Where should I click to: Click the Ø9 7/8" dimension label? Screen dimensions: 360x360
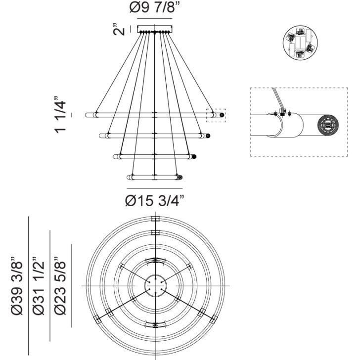pyautogui.click(x=155, y=9)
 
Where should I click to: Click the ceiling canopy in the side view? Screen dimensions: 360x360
pyautogui.click(x=155, y=29)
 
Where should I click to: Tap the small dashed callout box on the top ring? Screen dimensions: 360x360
pyautogui.click(x=217, y=115)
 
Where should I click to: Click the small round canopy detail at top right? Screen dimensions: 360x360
pyautogui.click(x=300, y=43)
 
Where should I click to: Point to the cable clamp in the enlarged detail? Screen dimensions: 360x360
pyautogui.click(x=283, y=112)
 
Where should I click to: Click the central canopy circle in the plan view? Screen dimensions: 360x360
pyautogui.click(x=155, y=286)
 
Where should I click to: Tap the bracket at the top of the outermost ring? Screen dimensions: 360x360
pyautogui.click(x=155, y=219)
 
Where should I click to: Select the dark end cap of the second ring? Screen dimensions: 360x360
pyautogui.click(x=209, y=135)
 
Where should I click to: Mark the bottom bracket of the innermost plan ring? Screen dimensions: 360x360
pyautogui.click(x=155, y=324)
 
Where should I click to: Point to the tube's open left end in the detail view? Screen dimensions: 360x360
pyautogui.click(x=275, y=126)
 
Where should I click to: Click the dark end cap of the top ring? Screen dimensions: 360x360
pyautogui.click(x=222, y=115)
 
